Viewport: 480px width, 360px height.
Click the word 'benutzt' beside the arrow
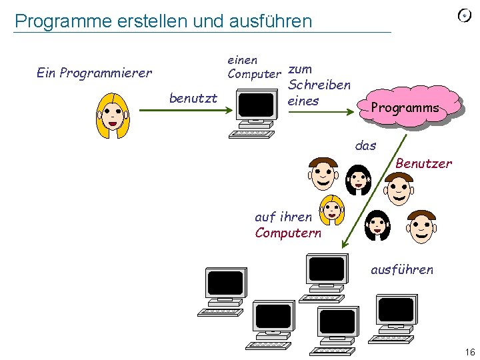coord(193,99)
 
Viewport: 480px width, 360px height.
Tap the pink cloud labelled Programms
coord(407,107)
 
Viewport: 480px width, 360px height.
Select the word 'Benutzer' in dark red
coord(423,163)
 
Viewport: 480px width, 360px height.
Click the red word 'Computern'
coord(288,233)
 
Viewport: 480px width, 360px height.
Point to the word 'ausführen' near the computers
coord(402,270)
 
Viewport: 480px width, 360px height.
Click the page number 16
coord(469,351)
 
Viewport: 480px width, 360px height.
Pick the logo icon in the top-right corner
coord(465,16)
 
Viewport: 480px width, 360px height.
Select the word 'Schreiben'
coord(319,85)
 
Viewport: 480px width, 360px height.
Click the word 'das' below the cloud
coord(365,145)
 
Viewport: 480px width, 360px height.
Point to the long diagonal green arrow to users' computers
coord(373,190)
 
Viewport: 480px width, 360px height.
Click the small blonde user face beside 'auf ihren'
coord(331,210)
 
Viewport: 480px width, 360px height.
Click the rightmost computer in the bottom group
coord(397,317)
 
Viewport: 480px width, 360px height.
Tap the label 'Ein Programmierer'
coord(94,73)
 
